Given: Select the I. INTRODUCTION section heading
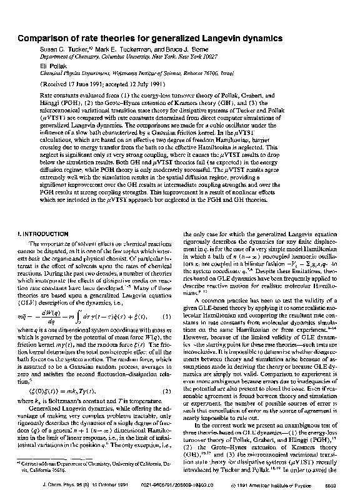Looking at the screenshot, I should (44, 233).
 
